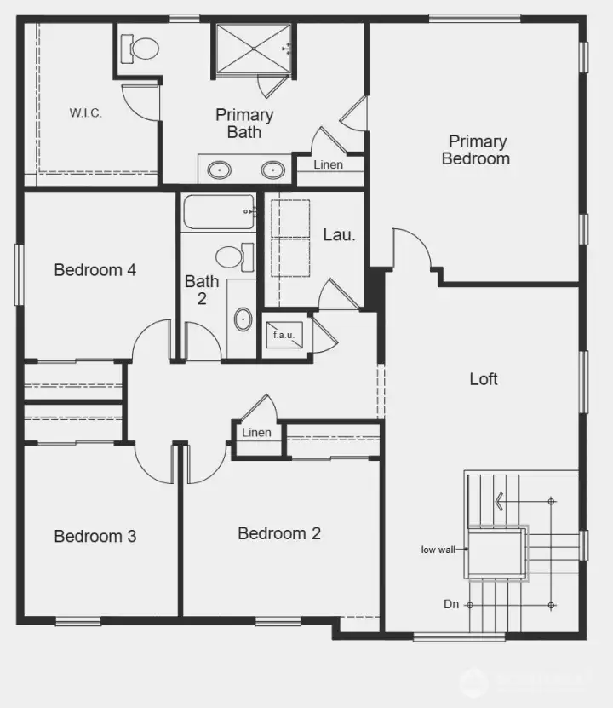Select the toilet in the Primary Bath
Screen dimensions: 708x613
141,48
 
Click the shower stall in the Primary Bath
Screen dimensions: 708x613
252,50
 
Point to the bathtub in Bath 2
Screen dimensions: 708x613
218,211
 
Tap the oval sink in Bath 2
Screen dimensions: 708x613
243,320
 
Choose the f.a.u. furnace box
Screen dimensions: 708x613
284,335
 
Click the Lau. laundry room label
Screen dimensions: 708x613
338,233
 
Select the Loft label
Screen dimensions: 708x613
484,379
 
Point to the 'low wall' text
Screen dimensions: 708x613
438,550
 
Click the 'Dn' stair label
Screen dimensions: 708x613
451,604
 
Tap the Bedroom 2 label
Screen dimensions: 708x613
279,534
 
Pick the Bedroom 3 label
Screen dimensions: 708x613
95,537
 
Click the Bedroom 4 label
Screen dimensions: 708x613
95,270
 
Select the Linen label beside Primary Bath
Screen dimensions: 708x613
329,164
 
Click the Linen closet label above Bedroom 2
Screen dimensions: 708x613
256,433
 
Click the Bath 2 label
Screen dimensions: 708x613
202,290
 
